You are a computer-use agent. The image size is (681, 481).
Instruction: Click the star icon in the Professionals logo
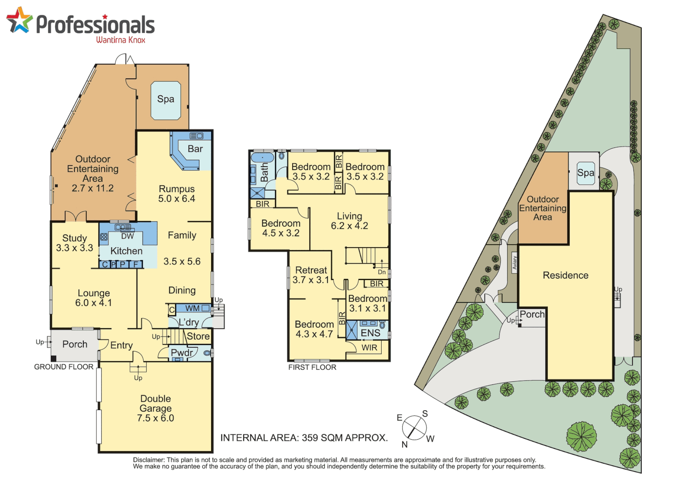(x=19, y=20)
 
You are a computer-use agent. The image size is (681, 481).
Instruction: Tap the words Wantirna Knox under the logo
(x=121, y=40)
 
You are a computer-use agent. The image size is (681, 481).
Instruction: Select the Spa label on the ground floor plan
(x=166, y=99)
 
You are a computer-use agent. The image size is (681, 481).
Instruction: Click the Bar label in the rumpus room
(x=195, y=149)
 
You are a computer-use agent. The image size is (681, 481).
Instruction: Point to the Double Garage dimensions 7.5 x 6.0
(x=155, y=418)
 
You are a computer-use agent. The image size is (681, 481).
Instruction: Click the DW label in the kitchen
(x=127, y=236)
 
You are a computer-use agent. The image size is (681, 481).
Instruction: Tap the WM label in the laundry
(x=192, y=308)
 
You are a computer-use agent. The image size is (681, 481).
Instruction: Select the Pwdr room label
(x=182, y=353)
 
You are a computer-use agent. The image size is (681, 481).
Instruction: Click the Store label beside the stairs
(x=198, y=336)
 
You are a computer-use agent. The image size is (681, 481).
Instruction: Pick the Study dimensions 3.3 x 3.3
(x=74, y=248)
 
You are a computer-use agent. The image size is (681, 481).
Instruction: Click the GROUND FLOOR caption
(x=64, y=367)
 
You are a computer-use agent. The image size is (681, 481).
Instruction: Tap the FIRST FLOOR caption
(x=312, y=367)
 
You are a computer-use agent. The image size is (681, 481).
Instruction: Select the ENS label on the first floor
(x=370, y=333)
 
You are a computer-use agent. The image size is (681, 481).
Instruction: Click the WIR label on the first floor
(x=369, y=348)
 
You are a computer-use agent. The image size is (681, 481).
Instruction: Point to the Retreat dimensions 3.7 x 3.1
(x=311, y=280)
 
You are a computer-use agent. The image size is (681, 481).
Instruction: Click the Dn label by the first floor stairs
(x=382, y=272)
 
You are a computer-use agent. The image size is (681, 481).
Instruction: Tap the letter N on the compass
(x=404, y=444)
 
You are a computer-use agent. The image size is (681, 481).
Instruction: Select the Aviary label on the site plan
(x=514, y=263)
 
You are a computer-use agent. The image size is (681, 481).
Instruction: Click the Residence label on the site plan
(x=565, y=276)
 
